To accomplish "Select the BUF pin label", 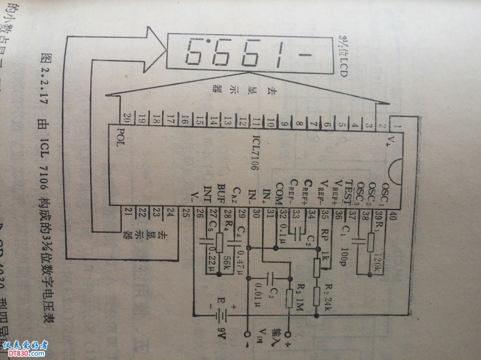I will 222,191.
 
